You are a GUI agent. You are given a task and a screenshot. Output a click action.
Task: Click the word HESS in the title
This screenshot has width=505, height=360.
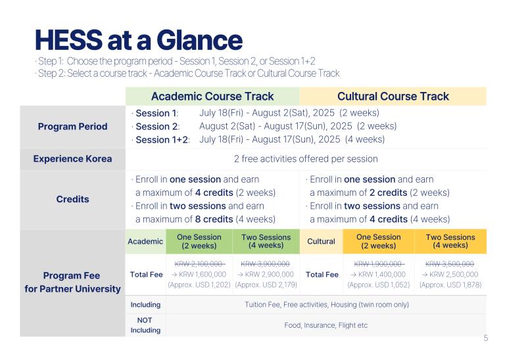[x=68, y=40]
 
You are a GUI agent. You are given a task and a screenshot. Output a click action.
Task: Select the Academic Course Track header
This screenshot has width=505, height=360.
[x=212, y=96]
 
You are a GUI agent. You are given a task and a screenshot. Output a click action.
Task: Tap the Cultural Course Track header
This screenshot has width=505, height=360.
[x=393, y=96]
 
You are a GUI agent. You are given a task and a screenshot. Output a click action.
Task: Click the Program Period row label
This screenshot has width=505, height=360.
[x=73, y=126]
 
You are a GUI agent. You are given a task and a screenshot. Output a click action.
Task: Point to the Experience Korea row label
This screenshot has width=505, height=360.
[x=73, y=158]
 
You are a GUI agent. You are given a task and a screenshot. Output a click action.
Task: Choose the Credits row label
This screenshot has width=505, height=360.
[x=73, y=199]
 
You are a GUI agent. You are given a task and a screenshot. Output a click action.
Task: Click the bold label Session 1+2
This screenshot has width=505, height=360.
[x=162, y=140]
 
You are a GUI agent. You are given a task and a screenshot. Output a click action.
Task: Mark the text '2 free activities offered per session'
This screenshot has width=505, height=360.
[x=306, y=159]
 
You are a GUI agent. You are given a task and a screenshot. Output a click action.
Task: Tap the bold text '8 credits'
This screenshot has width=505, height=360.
[x=214, y=219]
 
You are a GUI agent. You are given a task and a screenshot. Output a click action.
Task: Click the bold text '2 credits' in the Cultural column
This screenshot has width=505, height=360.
[x=389, y=192]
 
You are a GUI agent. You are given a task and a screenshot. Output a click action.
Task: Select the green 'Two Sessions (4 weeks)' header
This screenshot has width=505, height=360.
[x=266, y=241]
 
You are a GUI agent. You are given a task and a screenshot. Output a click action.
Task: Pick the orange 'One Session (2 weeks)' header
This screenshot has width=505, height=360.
[x=379, y=241]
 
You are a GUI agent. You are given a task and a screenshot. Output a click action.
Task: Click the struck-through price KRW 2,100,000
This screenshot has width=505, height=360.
[x=199, y=264]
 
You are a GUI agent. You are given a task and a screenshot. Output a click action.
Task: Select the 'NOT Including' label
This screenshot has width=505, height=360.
[x=145, y=325]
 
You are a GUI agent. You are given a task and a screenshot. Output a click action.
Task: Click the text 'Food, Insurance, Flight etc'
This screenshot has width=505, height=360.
[x=326, y=325]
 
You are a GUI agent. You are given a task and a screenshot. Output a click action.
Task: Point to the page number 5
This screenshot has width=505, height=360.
[x=486, y=338]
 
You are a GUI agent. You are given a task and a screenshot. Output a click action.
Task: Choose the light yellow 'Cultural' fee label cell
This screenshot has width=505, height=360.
[x=321, y=241]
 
